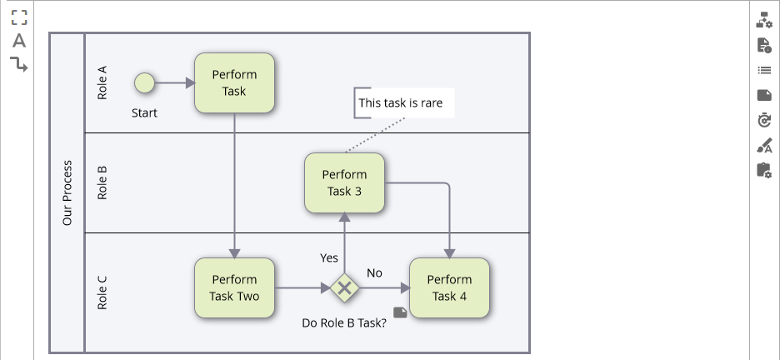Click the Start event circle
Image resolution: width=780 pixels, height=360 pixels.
[x=144, y=82]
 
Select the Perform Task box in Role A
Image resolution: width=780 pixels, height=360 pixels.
[x=234, y=82]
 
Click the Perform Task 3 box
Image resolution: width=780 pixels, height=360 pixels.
[x=344, y=182]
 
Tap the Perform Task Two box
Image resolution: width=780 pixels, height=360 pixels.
[x=234, y=287]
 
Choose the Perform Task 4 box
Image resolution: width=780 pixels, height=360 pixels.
[x=449, y=287]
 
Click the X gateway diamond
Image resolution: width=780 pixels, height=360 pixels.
[x=343, y=288]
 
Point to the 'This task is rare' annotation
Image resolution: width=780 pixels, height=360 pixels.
[x=401, y=103]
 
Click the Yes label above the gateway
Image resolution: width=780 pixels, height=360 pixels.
[x=329, y=257]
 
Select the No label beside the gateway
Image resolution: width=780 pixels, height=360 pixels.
[x=374, y=272]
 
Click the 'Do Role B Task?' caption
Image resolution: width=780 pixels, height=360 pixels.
[x=343, y=322]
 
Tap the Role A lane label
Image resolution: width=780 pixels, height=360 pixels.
[x=102, y=82]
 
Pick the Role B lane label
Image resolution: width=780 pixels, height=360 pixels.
[x=102, y=182]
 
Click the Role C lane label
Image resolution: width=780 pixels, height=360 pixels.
[x=102, y=292]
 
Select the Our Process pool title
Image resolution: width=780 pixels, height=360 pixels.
[x=67, y=192]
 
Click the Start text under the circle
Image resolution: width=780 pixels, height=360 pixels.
[x=144, y=112]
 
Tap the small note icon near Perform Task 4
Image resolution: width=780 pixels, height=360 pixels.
[x=400, y=312]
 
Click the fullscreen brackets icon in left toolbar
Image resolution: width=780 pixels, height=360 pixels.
[x=19, y=17]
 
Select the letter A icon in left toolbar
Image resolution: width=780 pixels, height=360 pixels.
[x=19, y=41]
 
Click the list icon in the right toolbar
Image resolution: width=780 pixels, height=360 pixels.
[x=764, y=71]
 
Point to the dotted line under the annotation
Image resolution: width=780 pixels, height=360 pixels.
[x=375, y=135]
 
